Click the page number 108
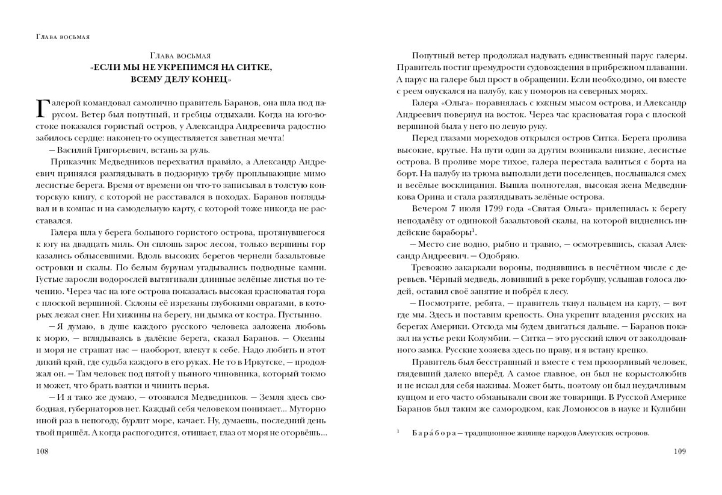[44, 451]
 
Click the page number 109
[678, 451]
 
